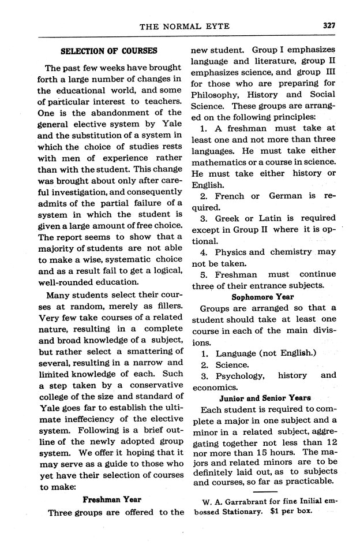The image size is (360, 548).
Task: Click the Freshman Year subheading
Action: (x=112, y=498)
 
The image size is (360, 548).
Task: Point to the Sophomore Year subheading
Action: (x=262, y=297)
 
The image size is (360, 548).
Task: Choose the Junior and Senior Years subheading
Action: (x=265, y=398)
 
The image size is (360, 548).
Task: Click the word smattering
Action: (x=151, y=352)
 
